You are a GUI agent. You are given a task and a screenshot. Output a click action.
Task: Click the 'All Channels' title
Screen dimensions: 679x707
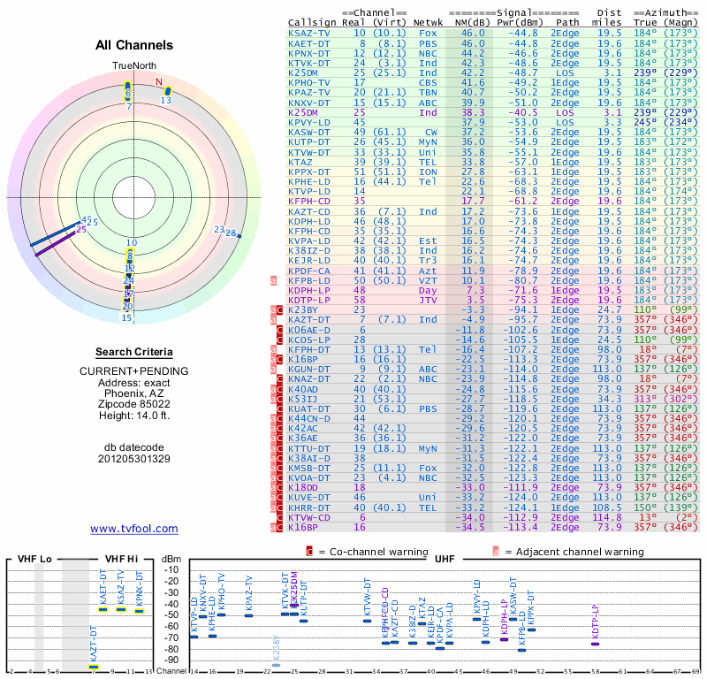(x=134, y=45)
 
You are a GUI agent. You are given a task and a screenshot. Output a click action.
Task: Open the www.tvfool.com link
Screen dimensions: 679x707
(x=134, y=529)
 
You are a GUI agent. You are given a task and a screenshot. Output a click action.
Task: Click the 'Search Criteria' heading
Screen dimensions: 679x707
(x=134, y=352)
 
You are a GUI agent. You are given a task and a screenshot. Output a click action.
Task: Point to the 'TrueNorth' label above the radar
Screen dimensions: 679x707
(x=133, y=66)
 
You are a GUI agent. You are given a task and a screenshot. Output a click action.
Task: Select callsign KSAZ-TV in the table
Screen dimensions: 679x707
(x=310, y=33)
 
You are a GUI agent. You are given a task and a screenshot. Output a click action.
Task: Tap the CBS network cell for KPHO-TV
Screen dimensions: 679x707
(x=429, y=82)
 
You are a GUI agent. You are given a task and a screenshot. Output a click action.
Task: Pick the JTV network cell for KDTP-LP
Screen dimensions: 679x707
(x=429, y=301)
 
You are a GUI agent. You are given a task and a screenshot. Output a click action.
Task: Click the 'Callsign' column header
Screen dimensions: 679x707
(x=312, y=21)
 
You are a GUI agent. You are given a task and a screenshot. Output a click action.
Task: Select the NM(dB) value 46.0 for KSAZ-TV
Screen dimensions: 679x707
(x=472, y=33)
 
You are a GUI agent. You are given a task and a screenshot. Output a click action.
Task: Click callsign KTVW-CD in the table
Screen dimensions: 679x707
(x=310, y=517)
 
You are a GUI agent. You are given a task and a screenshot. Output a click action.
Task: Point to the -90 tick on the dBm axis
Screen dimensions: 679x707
(x=171, y=660)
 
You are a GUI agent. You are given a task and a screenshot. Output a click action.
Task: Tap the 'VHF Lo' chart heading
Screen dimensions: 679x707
(x=34, y=559)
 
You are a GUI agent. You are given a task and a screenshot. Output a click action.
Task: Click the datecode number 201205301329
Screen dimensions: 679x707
(x=134, y=459)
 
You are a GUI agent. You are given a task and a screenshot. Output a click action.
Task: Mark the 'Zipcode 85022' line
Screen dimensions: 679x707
(x=134, y=401)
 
